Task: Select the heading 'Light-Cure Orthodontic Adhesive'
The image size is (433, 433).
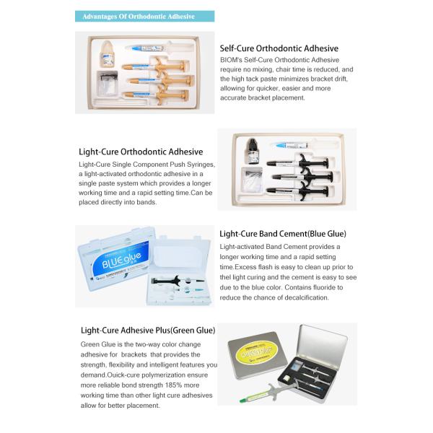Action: pyautogui.click(x=141, y=152)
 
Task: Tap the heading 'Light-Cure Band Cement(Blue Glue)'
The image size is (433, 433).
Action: pyautogui.click(x=283, y=234)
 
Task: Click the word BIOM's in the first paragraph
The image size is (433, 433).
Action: pyautogui.click(x=232, y=60)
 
